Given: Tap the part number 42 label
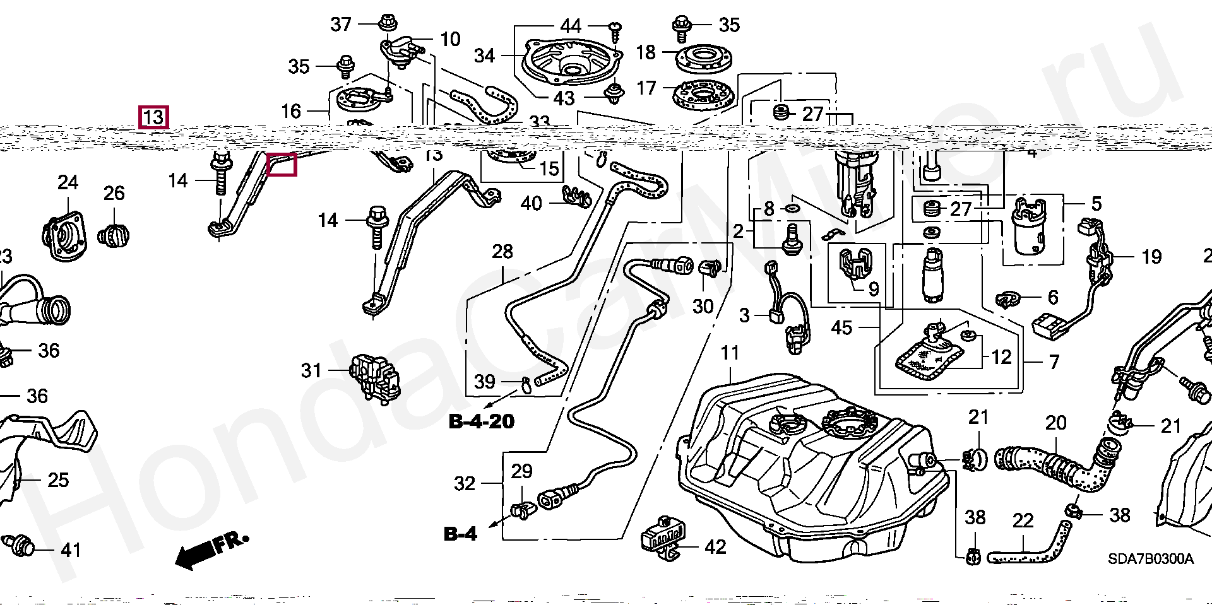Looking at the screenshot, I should (x=715, y=547).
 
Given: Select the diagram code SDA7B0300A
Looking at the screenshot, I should (x=1150, y=559).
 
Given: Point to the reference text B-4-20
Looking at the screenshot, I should (x=482, y=421).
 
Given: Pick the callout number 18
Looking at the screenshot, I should (x=646, y=52).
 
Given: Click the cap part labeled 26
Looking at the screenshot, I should (x=114, y=236).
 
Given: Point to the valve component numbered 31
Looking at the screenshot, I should (x=375, y=376).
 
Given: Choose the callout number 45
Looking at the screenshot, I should (x=841, y=327).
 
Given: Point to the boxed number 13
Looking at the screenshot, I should (x=153, y=117).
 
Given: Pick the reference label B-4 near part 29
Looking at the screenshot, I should (x=461, y=534).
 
